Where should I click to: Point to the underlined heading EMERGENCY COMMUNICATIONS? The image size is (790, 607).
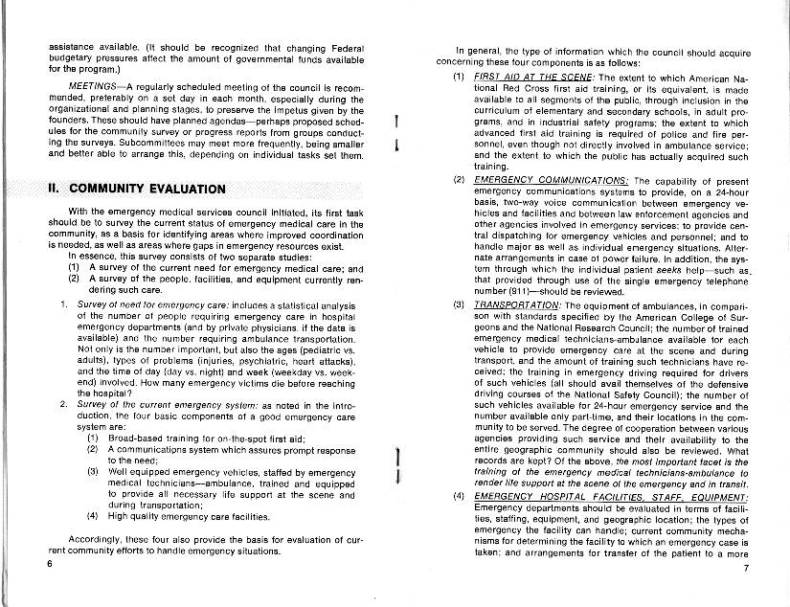pos(551,179)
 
